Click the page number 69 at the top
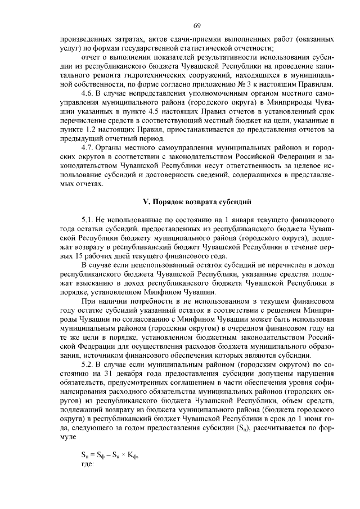point(197,25)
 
